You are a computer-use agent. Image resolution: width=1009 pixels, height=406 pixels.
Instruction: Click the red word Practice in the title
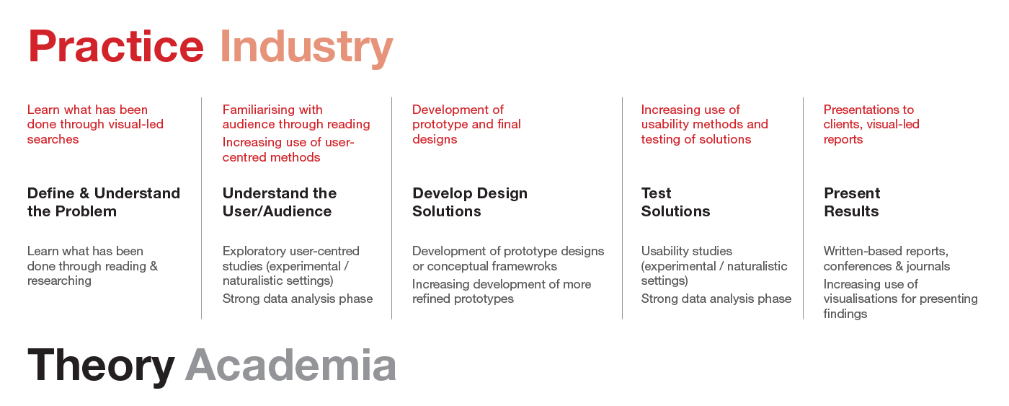pyautogui.click(x=116, y=46)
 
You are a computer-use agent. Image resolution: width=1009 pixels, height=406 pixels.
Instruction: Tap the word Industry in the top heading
pyautogui.click(x=307, y=48)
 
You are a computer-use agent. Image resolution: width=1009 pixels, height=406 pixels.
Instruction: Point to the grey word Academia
pyautogui.click(x=290, y=365)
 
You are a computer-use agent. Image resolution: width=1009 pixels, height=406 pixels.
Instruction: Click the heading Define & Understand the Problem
pyautogui.click(x=104, y=202)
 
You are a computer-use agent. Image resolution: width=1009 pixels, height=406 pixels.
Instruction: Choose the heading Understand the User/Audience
pyautogui.click(x=280, y=202)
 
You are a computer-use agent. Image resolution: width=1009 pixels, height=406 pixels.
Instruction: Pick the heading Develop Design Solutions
pyautogui.click(x=470, y=202)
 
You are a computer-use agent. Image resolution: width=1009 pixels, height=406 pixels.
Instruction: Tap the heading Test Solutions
pyautogui.click(x=675, y=202)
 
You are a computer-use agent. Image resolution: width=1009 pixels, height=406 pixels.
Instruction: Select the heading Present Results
pyautogui.click(x=852, y=202)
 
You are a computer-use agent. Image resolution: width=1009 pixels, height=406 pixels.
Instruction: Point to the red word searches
pyautogui.click(x=53, y=139)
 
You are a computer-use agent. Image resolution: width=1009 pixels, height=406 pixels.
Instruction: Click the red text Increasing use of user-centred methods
pyautogui.click(x=288, y=149)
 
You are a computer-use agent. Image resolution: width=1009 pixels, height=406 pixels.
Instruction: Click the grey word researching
pyautogui.click(x=59, y=281)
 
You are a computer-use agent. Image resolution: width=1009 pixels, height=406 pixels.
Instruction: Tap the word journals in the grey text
pyautogui.click(x=928, y=267)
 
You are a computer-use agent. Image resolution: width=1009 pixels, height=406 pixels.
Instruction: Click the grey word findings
pyautogui.click(x=845, y=314)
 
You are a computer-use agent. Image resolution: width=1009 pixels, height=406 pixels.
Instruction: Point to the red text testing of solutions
pyautogui.click(x=696, y=140)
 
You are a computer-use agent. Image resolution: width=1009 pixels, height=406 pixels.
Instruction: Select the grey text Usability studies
pyautogui.click(x=686, y=252)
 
